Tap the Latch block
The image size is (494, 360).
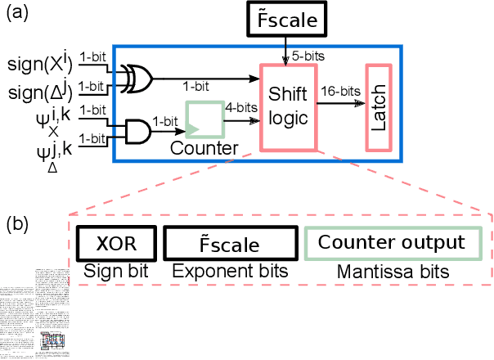coord(379,107)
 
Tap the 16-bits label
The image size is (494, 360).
coord(339,92)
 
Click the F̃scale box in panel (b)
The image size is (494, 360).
coord(228,245)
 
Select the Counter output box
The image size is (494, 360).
coord(391,243)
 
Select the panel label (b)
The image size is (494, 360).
coord(18,223)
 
